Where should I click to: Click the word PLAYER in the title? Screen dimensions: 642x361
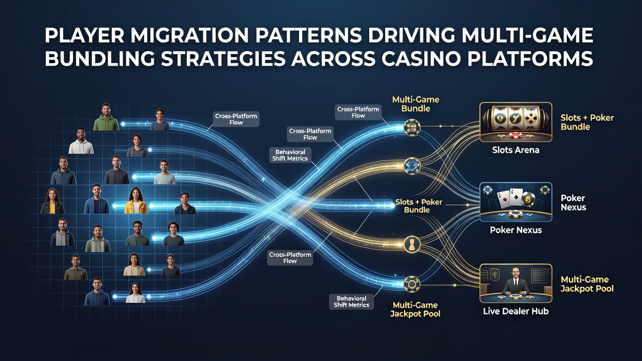pyautogui.click(x=85, y=36)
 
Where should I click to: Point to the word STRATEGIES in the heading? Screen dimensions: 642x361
pyautogui.click(x=223, y=59)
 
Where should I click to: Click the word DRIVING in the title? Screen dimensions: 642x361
pyautogui.click(x=411, y=36)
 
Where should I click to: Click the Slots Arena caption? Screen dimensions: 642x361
pyautogui.click(x=516, y=150)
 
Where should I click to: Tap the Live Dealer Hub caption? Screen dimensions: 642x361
pyautogui.click(x=516, y=311)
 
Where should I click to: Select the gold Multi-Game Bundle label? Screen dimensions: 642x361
pyautogui.click(x=416, y=104)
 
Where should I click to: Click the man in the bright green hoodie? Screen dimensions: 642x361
pyautogui.click(x=106, y=117)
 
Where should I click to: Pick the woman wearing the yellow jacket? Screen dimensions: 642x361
pyautogui.click(x=136, y=200)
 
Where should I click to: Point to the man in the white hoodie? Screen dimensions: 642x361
pyautogui.click(x=81, y=140)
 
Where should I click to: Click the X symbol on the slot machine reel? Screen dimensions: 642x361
pyautogui.click(x=531, y=118)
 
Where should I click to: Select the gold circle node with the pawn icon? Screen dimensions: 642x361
pyautogui.click(x=412, y=244)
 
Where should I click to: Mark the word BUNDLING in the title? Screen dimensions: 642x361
pyautogui.click(x=100, y=59)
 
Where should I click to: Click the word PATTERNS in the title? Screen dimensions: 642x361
pyautogui.click(x=308, y=36)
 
